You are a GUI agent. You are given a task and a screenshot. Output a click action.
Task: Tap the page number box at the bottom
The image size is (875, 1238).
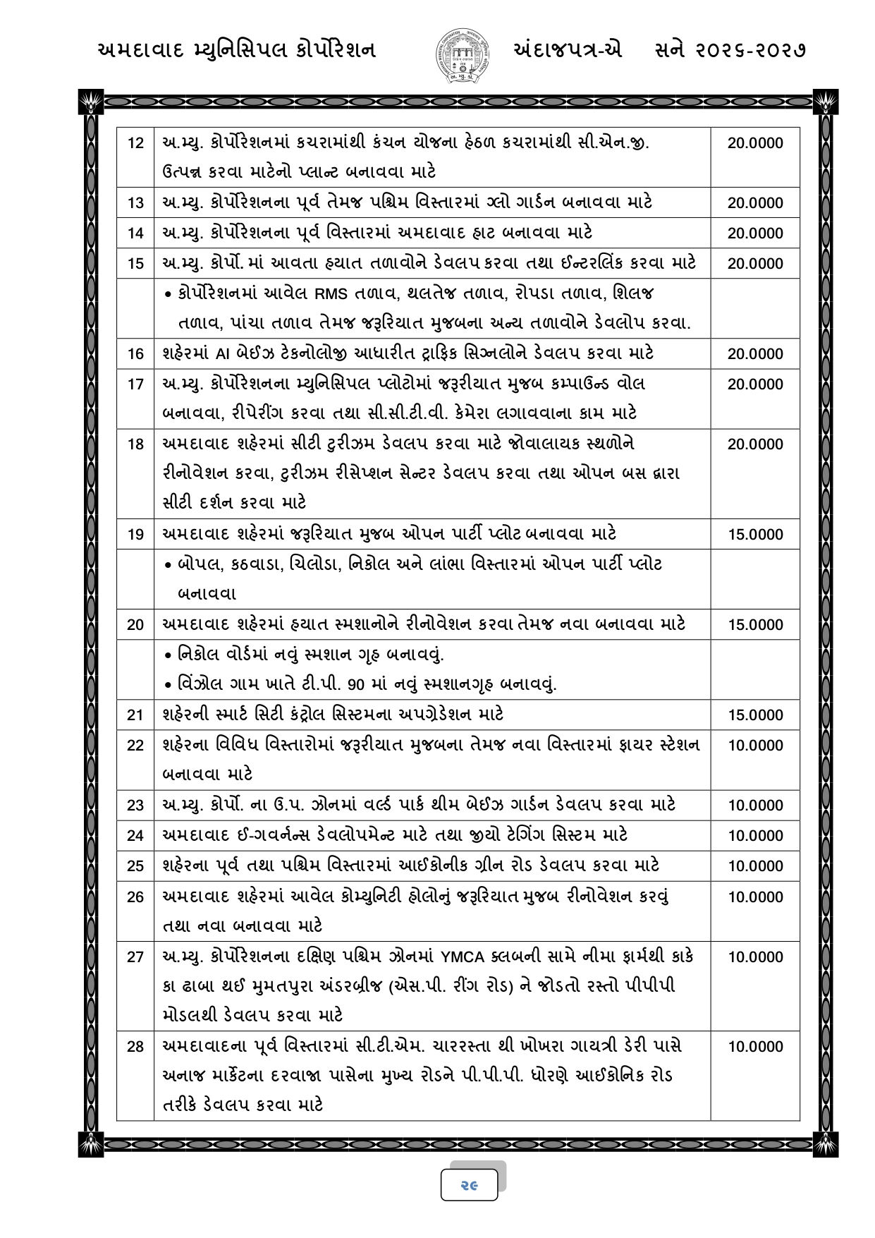[x=469, y=1185]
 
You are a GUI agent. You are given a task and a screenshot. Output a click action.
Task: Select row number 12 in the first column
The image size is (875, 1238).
[x=135, y=143]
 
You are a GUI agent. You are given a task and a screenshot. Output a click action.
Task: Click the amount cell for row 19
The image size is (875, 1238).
[x=755, y=535]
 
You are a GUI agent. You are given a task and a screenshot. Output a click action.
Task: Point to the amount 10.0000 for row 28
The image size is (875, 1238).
[x=755, y=1046]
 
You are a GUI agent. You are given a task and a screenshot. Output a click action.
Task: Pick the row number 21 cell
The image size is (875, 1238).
[x=135, y=715]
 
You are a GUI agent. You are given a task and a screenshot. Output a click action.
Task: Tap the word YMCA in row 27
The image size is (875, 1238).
[x=463, y=957]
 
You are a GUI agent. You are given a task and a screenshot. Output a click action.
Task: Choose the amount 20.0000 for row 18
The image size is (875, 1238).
[x=755, y=444]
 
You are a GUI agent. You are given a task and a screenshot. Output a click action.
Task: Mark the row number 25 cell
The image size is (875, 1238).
[x=135, y=866]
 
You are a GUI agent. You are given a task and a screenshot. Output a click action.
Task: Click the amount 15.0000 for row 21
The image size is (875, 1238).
[x=755, y=715]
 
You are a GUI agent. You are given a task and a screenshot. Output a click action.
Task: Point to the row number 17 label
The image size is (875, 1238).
[x=135, y=384]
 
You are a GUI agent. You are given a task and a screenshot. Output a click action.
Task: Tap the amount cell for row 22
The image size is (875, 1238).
[x=755, y=746]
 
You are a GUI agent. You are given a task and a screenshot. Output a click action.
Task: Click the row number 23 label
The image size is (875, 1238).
[x=135, y=806]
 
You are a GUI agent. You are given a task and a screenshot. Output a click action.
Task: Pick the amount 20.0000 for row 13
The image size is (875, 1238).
[x=755, y=203]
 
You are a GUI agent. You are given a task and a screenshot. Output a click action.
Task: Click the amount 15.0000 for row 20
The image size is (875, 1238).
[x=755, y=625]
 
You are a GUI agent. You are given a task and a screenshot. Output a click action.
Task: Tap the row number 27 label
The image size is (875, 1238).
[x=135, y=957]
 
